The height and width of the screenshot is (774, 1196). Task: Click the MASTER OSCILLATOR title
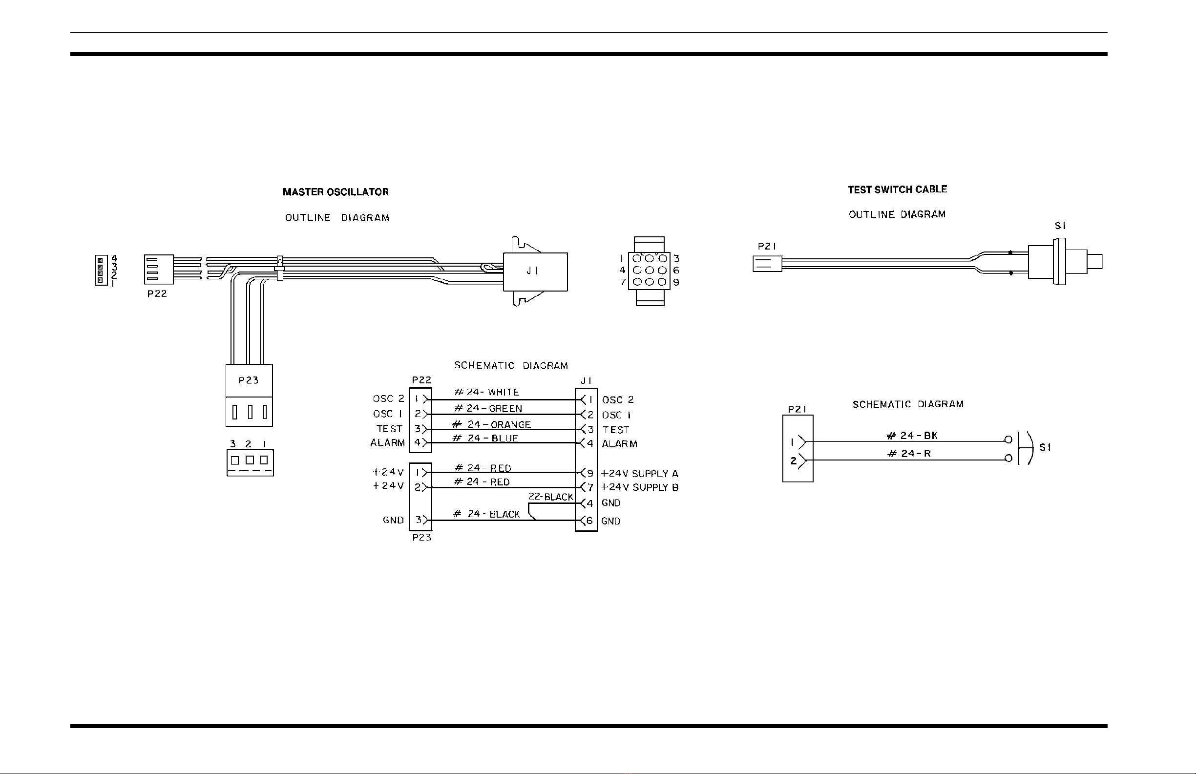336,192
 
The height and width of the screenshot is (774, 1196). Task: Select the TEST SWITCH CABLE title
898,189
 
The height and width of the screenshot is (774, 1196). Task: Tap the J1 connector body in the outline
535,272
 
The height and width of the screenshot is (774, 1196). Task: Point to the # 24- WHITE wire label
486,392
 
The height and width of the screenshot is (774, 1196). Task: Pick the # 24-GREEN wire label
488,409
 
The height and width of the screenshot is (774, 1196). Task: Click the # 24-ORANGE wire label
491,425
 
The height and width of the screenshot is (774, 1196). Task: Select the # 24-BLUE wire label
485,438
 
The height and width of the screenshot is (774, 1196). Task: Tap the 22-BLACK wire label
550,497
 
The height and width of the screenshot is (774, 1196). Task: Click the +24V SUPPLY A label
640,474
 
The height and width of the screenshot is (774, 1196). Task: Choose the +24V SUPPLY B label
640,487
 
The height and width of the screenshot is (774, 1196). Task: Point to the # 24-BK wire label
912,436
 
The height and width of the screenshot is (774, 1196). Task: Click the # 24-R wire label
909,453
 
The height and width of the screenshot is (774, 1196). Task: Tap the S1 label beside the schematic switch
1045,447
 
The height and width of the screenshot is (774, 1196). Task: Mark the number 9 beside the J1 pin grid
676,282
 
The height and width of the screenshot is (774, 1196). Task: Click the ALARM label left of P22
387,443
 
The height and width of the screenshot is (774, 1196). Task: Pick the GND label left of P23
393,520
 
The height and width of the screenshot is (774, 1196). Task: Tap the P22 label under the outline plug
157,294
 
